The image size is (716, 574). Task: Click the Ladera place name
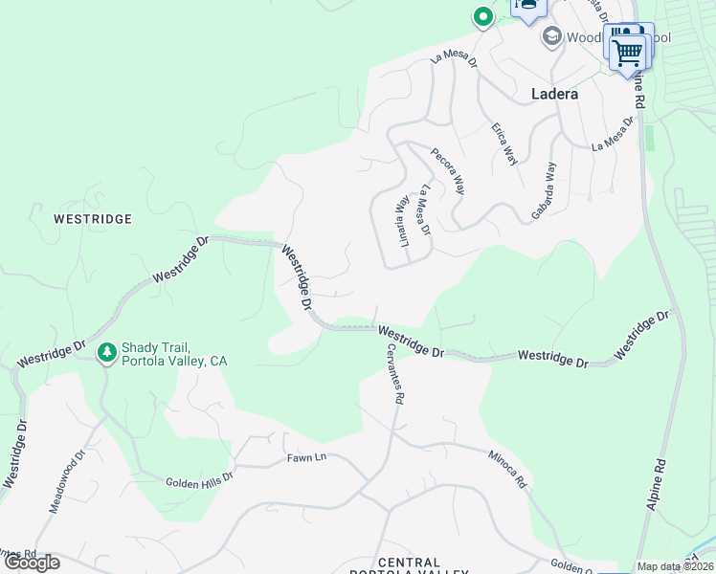pos(554,94)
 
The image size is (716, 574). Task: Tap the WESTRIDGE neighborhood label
pos(92,219)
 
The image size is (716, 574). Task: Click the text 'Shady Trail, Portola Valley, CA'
pos(174,354)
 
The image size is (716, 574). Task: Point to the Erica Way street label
pos(504,144)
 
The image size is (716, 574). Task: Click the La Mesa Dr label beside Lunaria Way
pos(425,210)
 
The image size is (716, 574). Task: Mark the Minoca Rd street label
pos(506,470)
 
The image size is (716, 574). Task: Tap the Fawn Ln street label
pos(306,457)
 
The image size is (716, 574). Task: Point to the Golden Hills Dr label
pos(199,484)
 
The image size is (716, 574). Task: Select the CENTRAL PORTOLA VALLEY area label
pos(408,568)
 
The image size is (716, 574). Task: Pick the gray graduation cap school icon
pos(551,37)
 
